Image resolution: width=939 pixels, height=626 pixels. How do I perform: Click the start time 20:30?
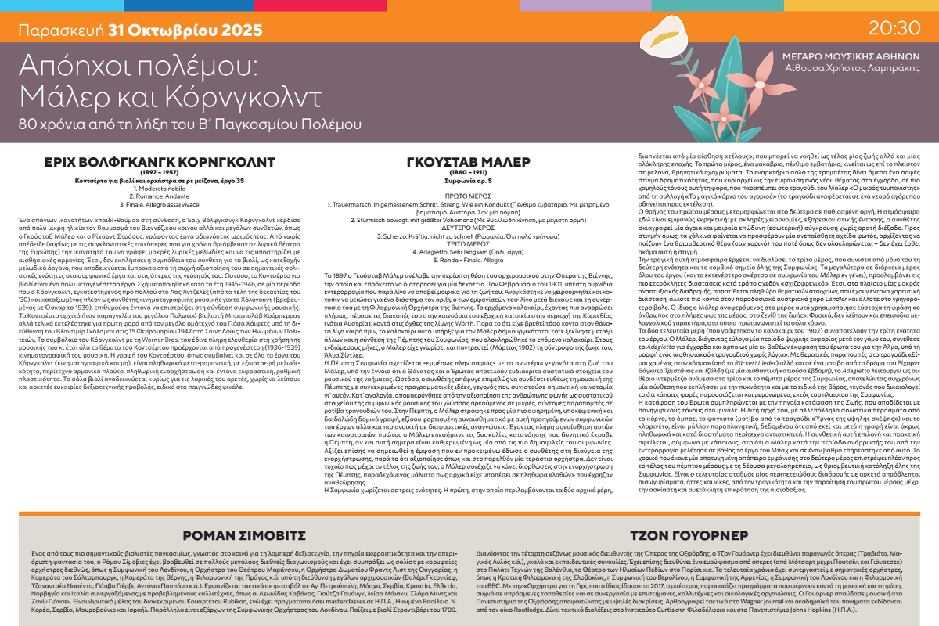[x=893, y=28]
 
